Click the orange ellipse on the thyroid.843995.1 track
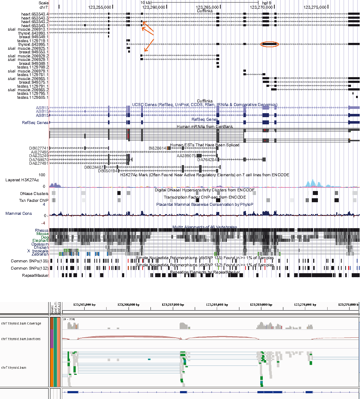point(269,44)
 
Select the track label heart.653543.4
point(35,14)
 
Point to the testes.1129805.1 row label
point(33,97)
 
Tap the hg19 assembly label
point(267,2)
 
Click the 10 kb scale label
point(145,2)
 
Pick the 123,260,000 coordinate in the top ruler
point(154,7)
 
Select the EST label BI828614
point(157,148)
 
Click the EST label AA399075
point(186,156)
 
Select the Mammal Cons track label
point(18,214)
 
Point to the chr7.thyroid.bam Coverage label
point(21,323)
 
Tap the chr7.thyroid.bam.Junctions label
point(21,339)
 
